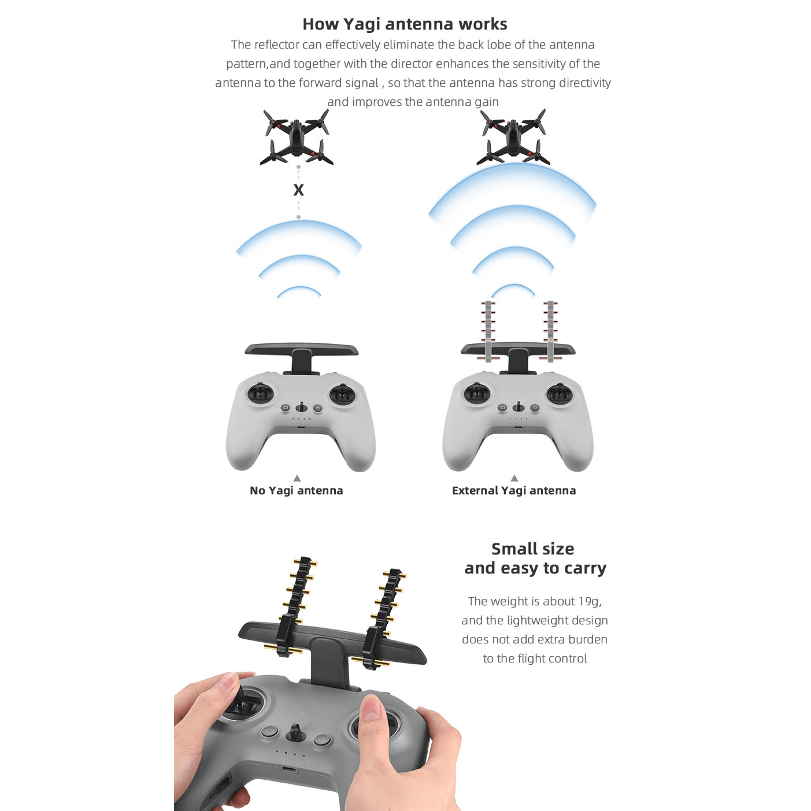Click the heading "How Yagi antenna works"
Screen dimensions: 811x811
click(x=405, y=24)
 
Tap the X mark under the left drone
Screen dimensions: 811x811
click(x=298, y=190)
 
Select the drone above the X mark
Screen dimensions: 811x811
click(x=297, y=137)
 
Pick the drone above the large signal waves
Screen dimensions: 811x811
click(x=513, y=136)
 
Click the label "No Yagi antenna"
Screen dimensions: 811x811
click(x=297, y=491)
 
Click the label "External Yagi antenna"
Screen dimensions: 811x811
click(x=514, y=491)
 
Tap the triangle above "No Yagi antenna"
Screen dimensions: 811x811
click(x=297, y=478)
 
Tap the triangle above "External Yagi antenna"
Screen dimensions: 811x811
click(x=514, y=478)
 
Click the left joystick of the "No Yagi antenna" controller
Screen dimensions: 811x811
click(x=260, y=394)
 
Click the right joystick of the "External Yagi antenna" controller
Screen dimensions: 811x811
click(x=559, y=394)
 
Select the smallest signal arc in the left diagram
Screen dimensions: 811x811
click(x=299, y=291)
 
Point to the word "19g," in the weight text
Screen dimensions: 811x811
click(x=590, y=601)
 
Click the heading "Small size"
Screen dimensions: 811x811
click(x=533, y=549)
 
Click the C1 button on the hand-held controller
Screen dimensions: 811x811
click(x=270, y=731)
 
